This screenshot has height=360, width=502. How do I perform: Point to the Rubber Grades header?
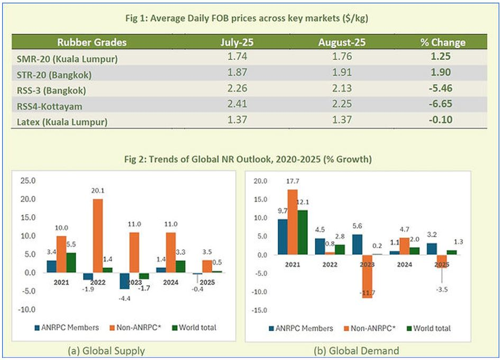[92, 42]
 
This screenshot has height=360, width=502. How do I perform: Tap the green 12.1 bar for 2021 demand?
[302, 232]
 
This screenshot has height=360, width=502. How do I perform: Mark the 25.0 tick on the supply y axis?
[27, 181]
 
